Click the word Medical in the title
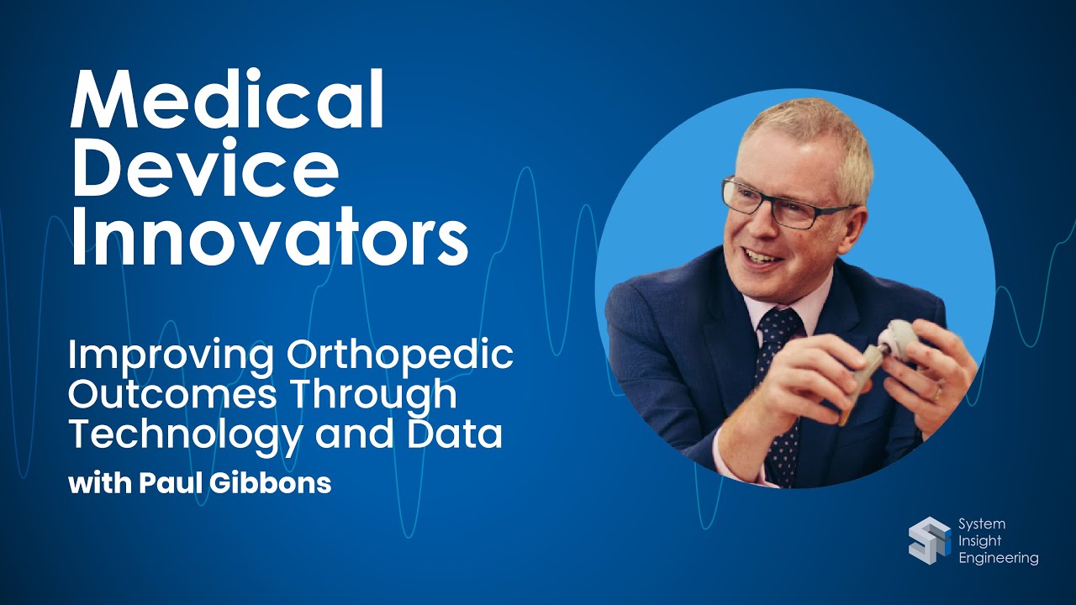point(227,99)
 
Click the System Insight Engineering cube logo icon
point(929,541)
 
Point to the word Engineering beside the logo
point(998,559)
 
